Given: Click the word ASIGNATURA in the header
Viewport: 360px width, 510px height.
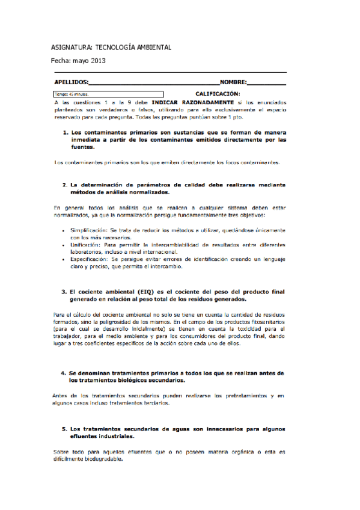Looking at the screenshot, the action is tap(69, 47).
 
